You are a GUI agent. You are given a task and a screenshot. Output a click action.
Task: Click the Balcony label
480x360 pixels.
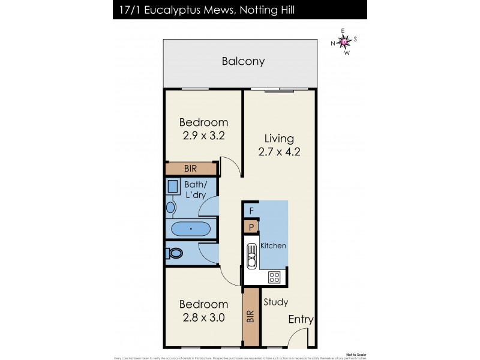pos(243,61)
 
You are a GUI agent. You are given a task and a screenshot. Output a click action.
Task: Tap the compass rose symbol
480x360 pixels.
pos(344,41)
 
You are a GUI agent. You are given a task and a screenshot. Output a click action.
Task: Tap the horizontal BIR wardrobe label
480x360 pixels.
pos(191,169)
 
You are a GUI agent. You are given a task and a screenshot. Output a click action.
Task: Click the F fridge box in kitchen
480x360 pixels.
pos(251,211)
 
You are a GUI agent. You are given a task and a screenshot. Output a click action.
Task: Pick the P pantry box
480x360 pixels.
pos(251,227)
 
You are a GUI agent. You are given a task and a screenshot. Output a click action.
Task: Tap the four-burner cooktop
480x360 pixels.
pos(274,277)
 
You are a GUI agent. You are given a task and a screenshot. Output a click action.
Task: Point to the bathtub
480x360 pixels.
pos(191,229)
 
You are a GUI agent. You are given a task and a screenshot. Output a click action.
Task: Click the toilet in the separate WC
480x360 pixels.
pos(175,253)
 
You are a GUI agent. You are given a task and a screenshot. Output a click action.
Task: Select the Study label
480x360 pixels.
pos(275,302)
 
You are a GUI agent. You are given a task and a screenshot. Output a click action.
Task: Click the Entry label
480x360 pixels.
pos(300,320)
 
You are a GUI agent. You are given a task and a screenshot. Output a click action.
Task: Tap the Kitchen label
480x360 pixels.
pos(273,246)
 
